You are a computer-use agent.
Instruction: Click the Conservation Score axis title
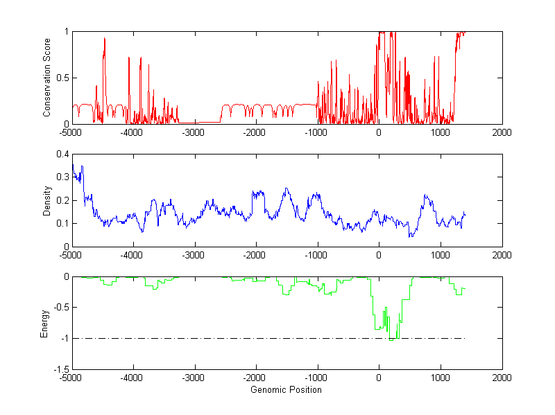(47, 78)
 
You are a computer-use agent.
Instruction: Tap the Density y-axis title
(47, 200)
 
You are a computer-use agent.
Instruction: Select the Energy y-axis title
(44, 323)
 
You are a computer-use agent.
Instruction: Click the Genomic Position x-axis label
(287, 390)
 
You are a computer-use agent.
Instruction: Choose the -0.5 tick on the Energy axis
(60, 308)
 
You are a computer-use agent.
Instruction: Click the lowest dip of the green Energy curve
(392, 339)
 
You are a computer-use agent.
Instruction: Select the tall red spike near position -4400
(104, 39)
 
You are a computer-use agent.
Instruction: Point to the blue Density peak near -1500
(286, 188)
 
